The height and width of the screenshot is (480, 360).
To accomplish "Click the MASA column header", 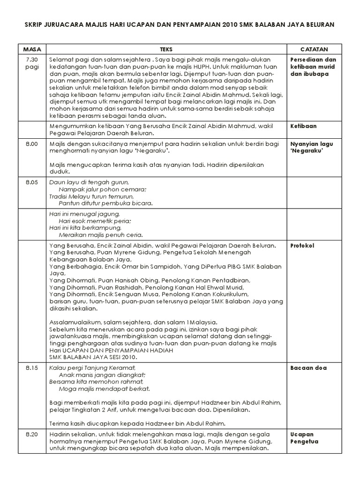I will coord(32,49).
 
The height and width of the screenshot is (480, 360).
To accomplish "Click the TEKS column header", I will coord(166,49).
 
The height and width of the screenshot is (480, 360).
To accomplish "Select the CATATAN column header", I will coord(314,49).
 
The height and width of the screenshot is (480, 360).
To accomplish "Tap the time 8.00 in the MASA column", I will coord(32,145).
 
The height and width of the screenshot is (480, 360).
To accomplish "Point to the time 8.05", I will coord(32,182).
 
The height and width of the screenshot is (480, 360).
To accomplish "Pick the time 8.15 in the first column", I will coord(32,368).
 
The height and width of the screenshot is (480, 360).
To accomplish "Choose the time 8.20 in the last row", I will coord(32,435).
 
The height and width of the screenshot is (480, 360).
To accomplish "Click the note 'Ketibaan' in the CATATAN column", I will coord(303,126).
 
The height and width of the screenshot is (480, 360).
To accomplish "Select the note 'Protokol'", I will coord(302,246).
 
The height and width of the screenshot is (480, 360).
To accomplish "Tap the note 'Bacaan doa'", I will coord(308,368).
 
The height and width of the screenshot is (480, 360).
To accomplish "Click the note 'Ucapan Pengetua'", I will coord(304,438).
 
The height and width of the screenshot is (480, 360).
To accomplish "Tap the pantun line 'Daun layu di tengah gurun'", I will coord(89,182).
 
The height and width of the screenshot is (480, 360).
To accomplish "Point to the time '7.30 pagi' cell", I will coord(32,64).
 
